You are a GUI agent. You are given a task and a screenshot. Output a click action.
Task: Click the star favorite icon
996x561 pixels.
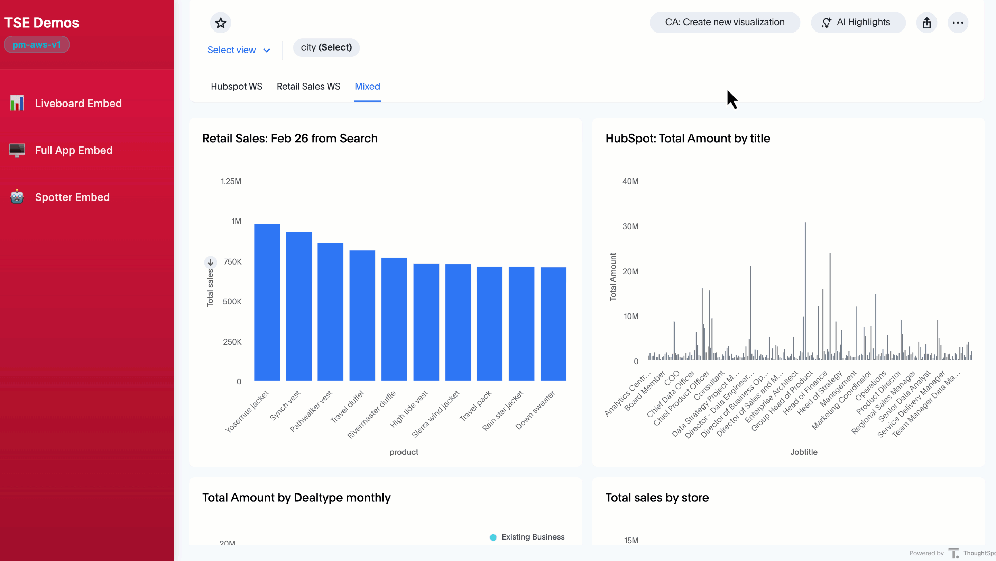(220, 23)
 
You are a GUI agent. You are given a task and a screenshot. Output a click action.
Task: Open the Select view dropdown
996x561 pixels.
(239, 50)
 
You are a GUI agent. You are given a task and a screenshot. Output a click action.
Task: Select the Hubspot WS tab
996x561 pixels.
(236, 86)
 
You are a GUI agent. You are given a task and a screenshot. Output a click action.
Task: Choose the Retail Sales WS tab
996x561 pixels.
(308, 86)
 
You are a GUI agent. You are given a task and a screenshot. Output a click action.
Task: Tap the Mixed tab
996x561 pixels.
(367, 86)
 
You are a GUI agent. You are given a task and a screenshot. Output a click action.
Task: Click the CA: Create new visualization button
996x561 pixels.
(724, 23)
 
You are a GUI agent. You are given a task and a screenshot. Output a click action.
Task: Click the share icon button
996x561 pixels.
(926, 23)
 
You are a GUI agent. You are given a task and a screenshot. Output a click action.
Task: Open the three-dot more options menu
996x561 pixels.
(958, 23)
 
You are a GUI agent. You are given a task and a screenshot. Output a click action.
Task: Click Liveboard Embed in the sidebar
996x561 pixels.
(78, 104)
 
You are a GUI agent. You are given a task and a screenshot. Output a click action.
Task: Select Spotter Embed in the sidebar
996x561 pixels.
(72, 197)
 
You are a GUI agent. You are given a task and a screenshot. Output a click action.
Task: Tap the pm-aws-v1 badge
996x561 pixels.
(37, 45)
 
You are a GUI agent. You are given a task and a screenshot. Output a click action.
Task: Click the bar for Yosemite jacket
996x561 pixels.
(267, 302)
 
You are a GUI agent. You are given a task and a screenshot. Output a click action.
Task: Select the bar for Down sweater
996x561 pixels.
(553, 324)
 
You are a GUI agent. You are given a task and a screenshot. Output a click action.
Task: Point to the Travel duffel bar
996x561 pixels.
(362, 315)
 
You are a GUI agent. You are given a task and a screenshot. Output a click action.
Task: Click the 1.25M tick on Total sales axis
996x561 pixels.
(231, 181)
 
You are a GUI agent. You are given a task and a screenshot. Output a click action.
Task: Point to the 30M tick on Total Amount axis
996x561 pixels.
(630, 226)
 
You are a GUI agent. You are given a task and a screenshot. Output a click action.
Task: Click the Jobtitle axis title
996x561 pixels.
(803, 452)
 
